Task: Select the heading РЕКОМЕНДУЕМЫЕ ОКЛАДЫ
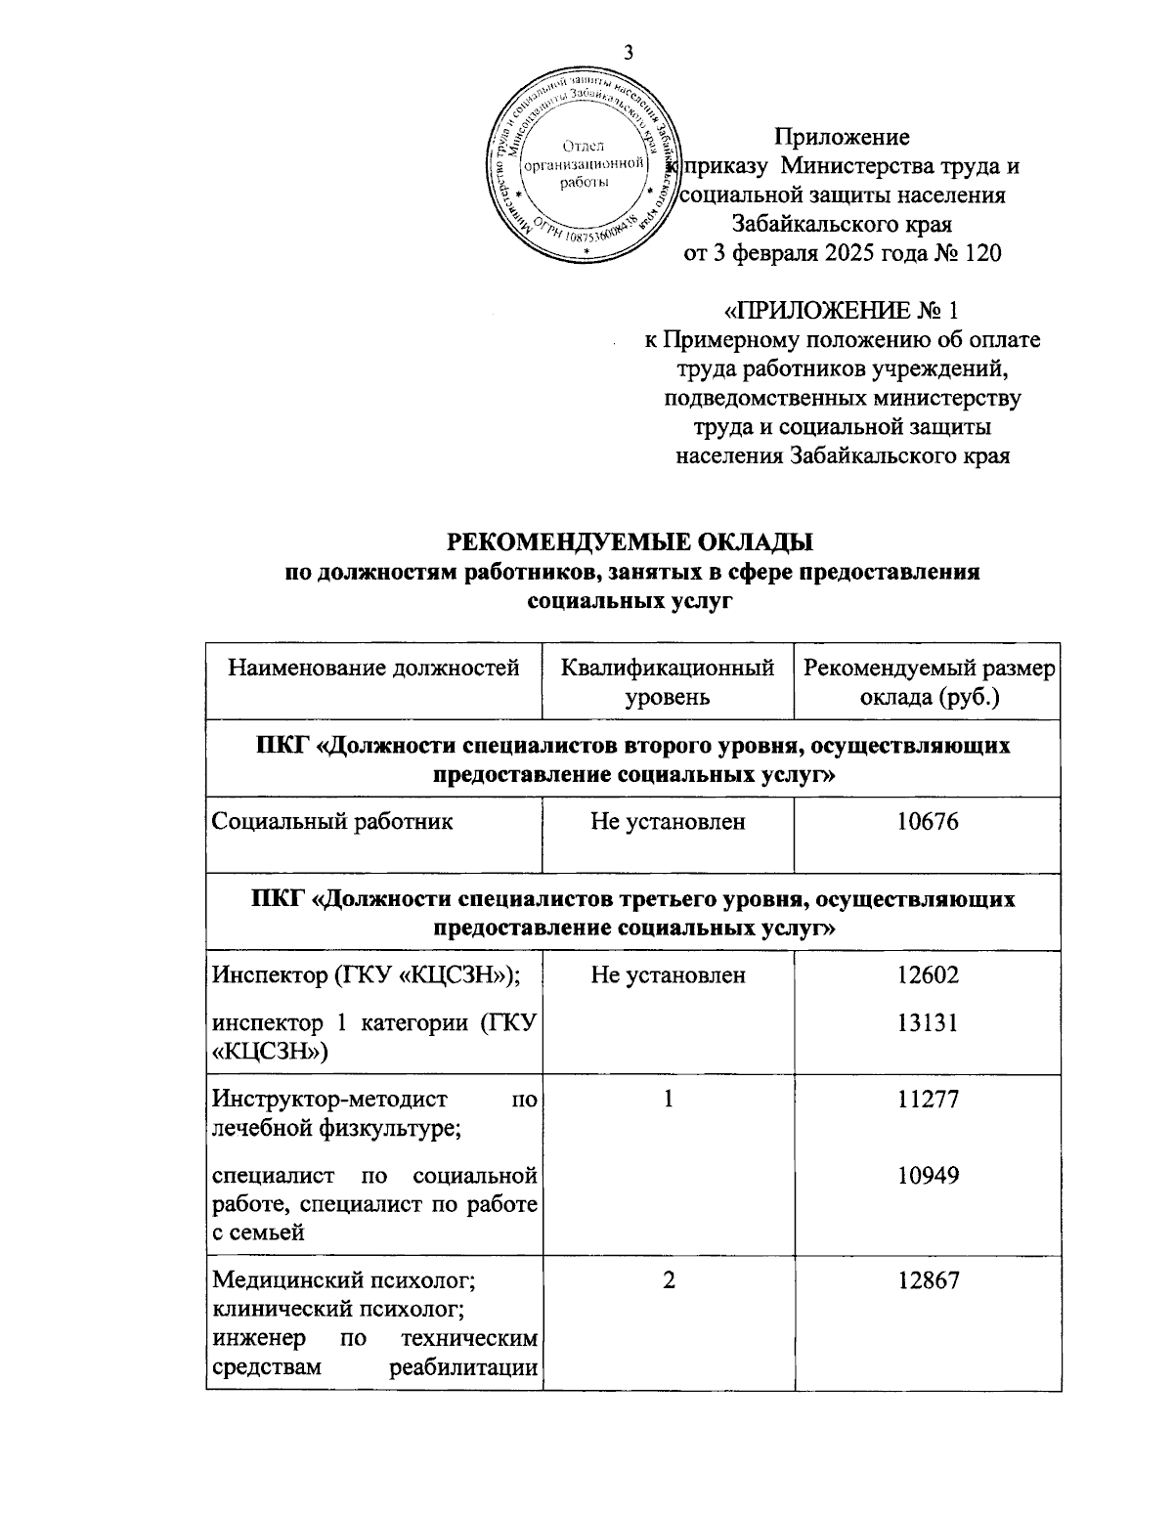(630, 541)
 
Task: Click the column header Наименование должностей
(373, 669)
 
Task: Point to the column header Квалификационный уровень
(668, 682)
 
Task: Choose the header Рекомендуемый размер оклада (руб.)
(928, 682)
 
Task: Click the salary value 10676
(928, 822)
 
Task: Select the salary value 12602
(928, 974)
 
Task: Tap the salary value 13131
(928, 1023)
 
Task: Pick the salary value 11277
(928, 1100)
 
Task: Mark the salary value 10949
(928, 1176)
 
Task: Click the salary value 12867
(928, 1280)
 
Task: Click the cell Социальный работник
(333, 822)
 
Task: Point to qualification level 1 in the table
(668, 1100)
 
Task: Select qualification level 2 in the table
(668, 1280)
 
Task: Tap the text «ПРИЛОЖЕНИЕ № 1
(841, 311)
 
